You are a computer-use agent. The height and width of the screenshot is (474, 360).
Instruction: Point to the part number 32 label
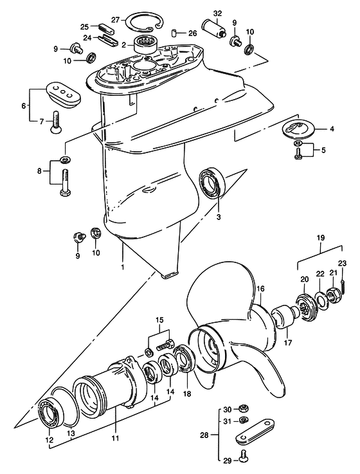click(x=217, y=14)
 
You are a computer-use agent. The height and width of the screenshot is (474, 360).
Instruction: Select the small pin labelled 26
click(x=174, y=32)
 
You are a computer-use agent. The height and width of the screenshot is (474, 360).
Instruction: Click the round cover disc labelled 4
click(x=299, y=129)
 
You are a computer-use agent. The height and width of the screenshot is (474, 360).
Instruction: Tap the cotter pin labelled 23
click(x=344, y=286)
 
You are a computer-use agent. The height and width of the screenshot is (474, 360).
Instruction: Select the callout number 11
click(x=115, y=438)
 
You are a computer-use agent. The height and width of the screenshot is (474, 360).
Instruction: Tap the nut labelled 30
click(x=244, y=408)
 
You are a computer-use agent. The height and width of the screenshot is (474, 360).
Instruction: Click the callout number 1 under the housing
click(x=122, y=268)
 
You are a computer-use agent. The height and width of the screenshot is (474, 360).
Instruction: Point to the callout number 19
click(x=321, y=237)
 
